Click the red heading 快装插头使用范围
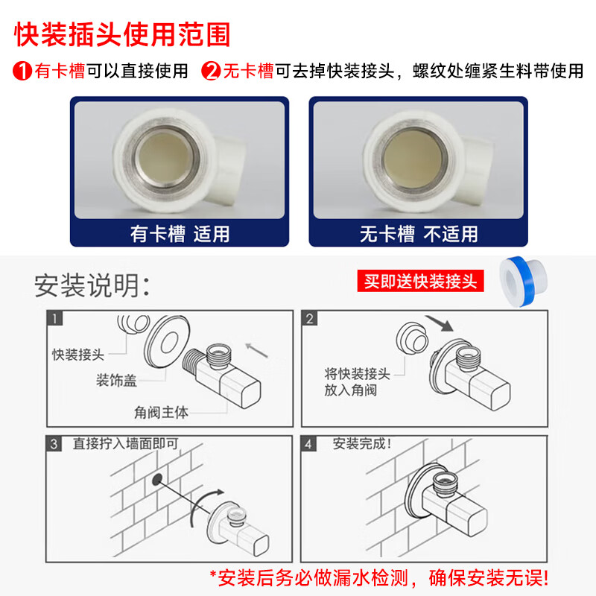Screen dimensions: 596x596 click(122, 34)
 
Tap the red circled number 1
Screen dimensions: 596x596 click(22, 71)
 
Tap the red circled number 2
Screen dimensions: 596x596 click(211, 71)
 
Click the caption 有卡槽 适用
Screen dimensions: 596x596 click(180, 233)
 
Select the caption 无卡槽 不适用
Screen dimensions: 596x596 click(419, 233)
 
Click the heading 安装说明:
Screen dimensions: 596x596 click(92, 285)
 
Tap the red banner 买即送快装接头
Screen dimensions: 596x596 click(420, 281)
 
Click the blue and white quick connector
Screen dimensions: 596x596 click(524, 282)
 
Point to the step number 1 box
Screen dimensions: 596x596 click(54, 318)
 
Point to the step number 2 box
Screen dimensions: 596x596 click(309, 318)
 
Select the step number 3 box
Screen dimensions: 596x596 click(54, 443)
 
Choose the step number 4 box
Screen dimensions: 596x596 click(308, 443)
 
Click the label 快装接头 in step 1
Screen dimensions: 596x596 click(78, 355)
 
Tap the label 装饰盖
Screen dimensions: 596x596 click(116, 380)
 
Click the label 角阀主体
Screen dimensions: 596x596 click(161, 413)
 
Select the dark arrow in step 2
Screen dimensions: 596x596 click(440, 323)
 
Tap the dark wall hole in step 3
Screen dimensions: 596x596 click(157, 480)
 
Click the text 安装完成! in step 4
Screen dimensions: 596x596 click(362, 443)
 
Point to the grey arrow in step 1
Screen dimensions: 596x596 click(256, 350)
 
